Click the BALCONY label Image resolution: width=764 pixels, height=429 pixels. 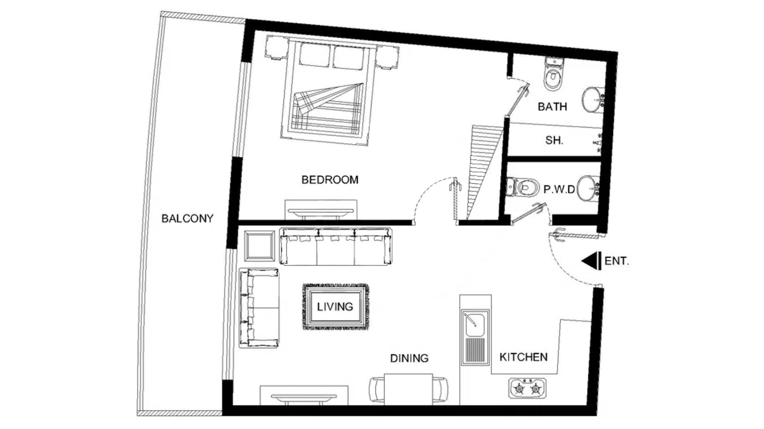tap(187, 218)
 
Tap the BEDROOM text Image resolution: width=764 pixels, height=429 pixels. tap(330, 180)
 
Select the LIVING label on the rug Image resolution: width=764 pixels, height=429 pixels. tap(335, 306)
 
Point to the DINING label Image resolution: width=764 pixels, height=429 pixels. tap(409, 358)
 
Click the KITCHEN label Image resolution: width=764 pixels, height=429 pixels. tap(524, 357)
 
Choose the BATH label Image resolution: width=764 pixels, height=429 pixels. tap(553, 107)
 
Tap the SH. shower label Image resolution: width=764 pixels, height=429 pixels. tap(554, 140)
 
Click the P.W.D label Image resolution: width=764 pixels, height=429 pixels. tap(559, 190)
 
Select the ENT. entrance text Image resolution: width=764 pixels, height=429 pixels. tap(617, 261)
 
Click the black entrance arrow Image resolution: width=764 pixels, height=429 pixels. tap(591, 261)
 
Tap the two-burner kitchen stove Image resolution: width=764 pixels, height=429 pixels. tap(527, 388)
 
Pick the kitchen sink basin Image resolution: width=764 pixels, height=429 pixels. tap(475, 323)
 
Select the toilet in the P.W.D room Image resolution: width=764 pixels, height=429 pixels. tap(522, 187)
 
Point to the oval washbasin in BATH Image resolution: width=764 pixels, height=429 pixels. tap(593, 100)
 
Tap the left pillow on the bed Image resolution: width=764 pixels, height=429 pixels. tap(315, 55)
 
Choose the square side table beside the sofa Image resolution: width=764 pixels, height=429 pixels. tap(259, 246)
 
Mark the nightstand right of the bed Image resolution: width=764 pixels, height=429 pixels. tap(387, 58)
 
